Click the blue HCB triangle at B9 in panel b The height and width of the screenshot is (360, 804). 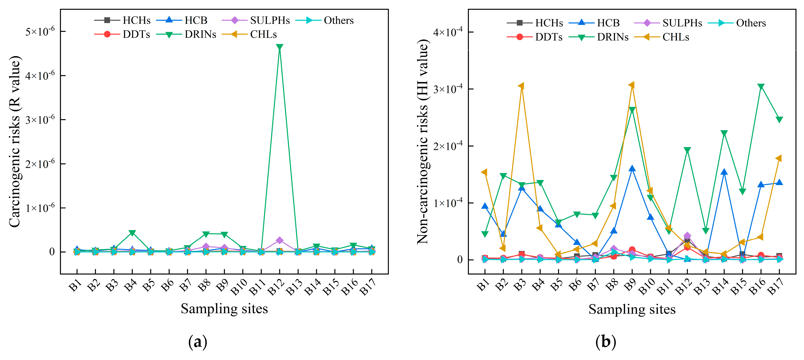pos(632,169)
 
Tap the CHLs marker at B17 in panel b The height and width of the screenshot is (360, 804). pos(779,158)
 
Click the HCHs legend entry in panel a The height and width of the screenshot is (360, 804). pos(123,20)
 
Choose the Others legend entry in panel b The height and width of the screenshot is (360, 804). pos(737,23)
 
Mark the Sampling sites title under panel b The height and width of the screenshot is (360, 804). pos(632,309)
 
